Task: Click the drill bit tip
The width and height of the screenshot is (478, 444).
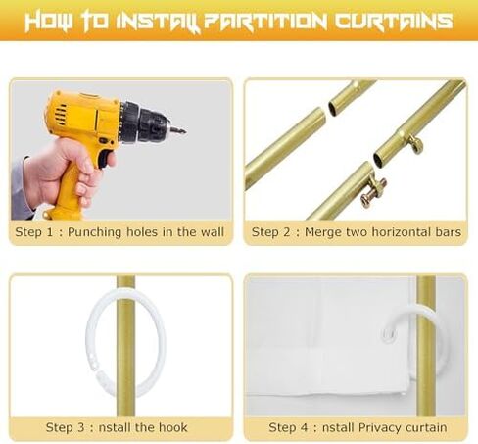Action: point(185,132)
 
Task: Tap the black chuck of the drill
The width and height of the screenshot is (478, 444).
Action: point(144,123)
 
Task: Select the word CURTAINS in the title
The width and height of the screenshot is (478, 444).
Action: point(393,21)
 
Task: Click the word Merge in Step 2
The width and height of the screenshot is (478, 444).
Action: point(322,232)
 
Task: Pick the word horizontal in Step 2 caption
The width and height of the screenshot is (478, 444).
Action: point(401,232)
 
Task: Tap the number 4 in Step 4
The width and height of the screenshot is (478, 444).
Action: point(305,427)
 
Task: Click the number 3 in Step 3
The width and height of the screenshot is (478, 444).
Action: point(81,427)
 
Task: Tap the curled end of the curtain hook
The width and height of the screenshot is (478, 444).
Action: point(390,334)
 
